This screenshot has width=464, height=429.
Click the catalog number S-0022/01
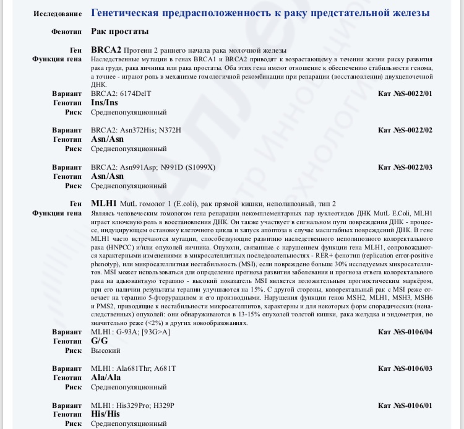click(x=405, y=93)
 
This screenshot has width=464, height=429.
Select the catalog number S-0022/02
click(x=405, y=130)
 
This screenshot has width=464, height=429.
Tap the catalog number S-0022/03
click(x=405, y=167)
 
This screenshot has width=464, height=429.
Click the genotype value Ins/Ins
click(x=104, y=103)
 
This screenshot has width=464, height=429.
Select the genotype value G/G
click(x=99, y=341)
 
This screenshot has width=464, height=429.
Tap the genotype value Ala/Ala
click(x=106, y=378)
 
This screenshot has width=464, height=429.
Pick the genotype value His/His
click(x=105, y=414)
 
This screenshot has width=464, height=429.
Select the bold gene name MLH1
click(x=104, y=204)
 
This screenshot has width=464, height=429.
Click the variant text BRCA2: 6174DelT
click(x=121, y=93)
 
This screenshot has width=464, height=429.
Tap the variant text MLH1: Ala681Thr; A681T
click(x=133, y=368)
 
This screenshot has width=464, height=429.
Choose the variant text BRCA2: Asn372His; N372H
click(x=135, y=130)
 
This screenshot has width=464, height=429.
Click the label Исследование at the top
click(x=58, y=13)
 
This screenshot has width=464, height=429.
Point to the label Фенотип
click(x=67, y=31)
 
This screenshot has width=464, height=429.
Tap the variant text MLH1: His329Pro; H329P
click(x=132, y=405)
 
